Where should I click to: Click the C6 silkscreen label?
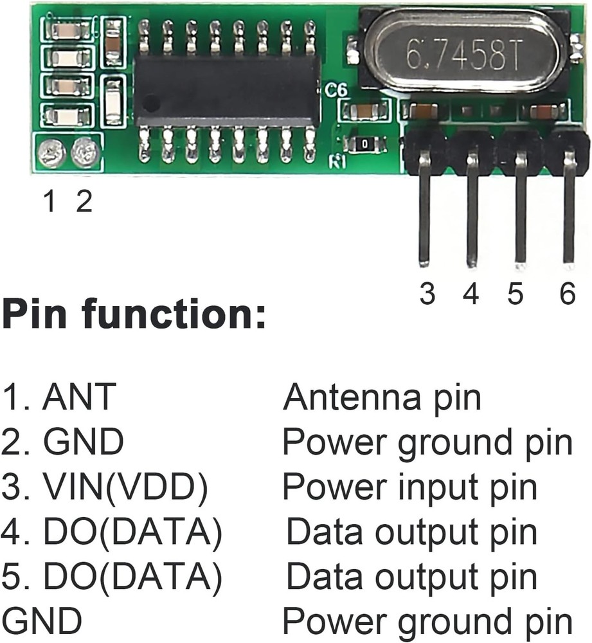[336, 90]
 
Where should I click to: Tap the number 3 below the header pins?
[427, 294]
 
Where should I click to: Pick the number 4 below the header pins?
[471, 294]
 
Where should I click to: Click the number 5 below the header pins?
[515, 294]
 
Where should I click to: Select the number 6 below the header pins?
[567, 294]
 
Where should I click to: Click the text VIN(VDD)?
[125, 487]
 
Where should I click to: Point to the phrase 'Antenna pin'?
[382, 397]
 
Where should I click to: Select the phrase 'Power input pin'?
[409, 487]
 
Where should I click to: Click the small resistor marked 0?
[364, 144]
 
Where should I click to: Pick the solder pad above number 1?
[51, 153]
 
